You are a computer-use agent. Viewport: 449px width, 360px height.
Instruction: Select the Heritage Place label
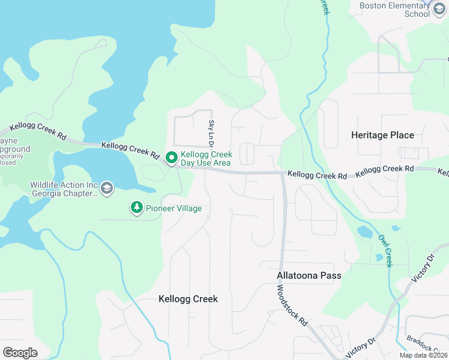pos(382,135)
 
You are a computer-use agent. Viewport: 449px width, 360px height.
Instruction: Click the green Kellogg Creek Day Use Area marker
pos(171,158)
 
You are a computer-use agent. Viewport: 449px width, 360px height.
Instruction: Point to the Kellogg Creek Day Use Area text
pos(206,158)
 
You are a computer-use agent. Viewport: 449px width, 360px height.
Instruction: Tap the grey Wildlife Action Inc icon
pos(107,188)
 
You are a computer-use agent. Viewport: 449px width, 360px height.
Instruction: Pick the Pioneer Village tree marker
pos(137,208)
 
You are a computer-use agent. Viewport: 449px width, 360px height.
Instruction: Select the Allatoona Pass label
pos(309,276)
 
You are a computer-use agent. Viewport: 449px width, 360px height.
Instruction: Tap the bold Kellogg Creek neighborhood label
pos(188,299)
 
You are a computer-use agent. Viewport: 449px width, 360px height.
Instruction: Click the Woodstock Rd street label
pos(292,305)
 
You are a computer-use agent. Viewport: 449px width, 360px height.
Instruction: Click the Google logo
pos(20,352)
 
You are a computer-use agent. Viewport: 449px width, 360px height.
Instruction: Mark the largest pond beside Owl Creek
pos(364,232)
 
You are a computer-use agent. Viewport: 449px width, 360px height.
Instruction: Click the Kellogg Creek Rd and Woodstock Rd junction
pos(283,174)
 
